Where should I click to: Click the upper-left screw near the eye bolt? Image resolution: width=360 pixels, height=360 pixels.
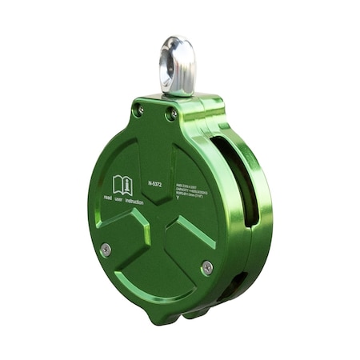tap(138, 110)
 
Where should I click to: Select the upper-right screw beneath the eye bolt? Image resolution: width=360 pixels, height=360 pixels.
tap(171, 115)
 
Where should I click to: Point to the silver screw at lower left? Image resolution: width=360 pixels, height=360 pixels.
tap(106, 250)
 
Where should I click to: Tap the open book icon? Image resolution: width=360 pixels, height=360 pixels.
tap(122, 185)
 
